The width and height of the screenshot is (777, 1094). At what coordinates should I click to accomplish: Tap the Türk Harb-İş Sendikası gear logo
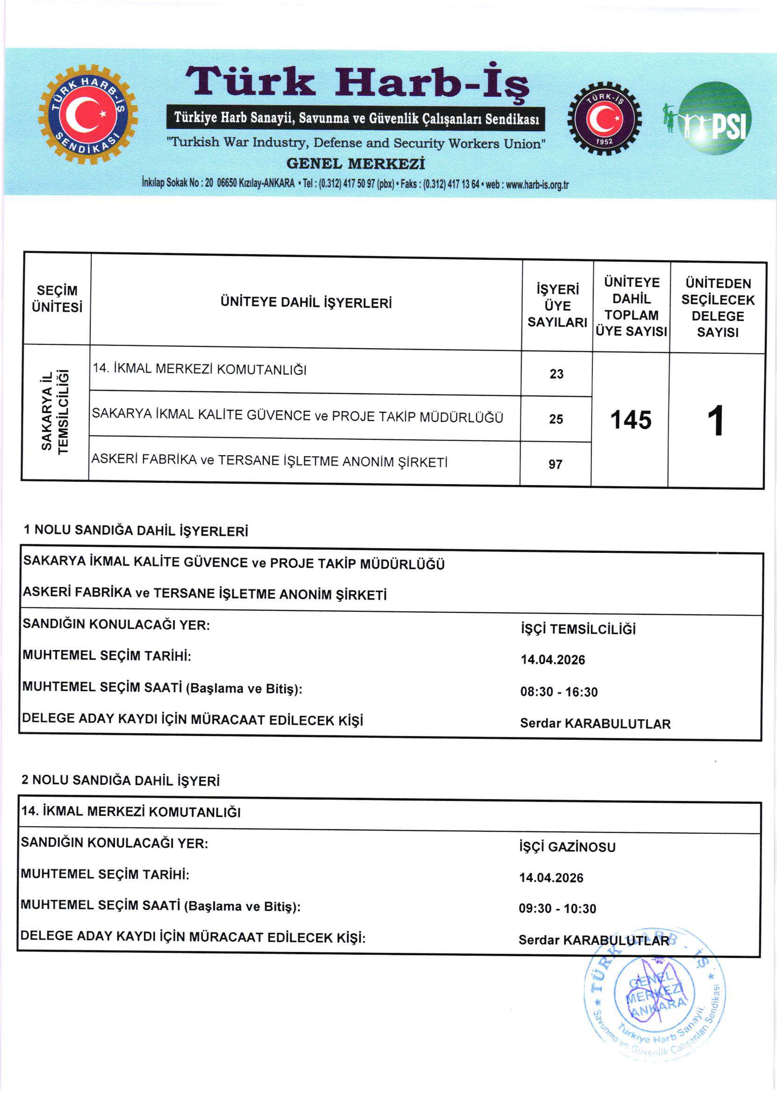(87, 115)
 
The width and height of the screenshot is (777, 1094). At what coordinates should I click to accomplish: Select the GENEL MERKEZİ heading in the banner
(355, 164)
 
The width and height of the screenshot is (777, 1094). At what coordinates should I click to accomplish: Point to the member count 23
(556, 374)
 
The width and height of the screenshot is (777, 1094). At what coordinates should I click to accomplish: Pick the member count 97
(555, 464)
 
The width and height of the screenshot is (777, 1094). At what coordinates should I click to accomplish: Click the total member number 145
(631, 420)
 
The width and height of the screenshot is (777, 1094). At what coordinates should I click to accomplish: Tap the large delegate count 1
(717, 421)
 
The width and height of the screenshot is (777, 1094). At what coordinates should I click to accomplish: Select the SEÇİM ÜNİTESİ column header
(57, 299)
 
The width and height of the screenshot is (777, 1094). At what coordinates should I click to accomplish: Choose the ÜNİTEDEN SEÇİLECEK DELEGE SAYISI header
(718, 307)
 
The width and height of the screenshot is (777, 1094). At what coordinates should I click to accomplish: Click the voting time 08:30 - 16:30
(559, 691)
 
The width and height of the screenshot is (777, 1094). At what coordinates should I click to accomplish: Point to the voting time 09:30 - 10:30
(557, 908)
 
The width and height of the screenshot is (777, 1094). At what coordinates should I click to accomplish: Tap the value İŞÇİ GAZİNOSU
(567, 847)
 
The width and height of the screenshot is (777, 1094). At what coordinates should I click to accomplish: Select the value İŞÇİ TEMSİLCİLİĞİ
(578, 629)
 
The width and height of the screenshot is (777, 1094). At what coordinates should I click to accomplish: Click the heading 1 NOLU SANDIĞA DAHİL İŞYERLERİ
(136, 530)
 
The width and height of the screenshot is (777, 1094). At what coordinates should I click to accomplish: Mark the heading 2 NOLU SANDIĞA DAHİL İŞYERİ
(121, 780)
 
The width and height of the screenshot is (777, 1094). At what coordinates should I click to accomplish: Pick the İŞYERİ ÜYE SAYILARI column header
(557, 306)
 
